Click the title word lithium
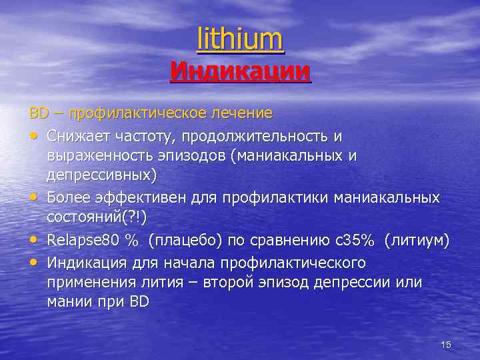click(x=240, y=39)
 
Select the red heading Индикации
click(x=240, y=70)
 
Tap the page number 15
click(x=446, y=344)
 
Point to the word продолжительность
click(x=258, y=136)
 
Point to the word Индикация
click(x=87, y=261)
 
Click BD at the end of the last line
click(x=140, y=301)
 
